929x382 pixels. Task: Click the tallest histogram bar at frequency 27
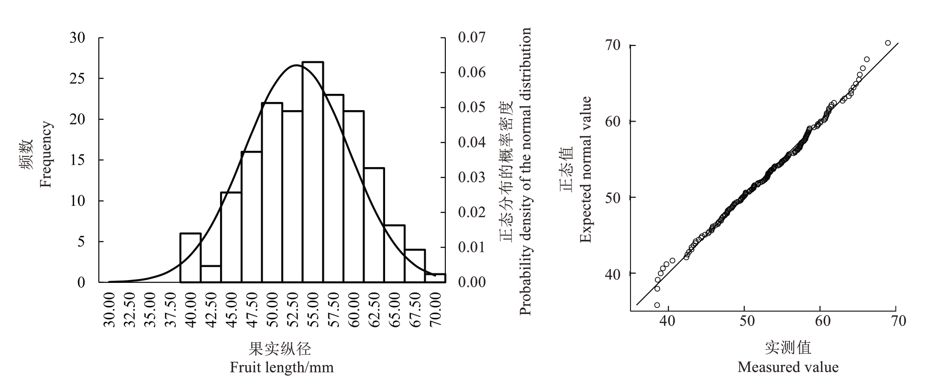tap(313, 172)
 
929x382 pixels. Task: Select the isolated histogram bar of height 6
tap(190, 258)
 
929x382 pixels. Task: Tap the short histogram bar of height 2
tap(211, 274)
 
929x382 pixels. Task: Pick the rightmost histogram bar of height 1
tap(435, 278)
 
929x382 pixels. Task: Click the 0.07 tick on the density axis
tap(472, 37)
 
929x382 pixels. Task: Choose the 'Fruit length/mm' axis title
tap(281, 368)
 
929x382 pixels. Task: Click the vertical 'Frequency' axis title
tap(46, 155)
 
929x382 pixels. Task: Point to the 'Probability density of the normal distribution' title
tap(525, 171)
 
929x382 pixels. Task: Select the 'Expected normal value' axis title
tap(586, 169)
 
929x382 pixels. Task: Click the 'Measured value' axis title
tap(788, 367)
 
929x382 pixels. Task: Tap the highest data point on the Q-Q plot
tap(888, 43)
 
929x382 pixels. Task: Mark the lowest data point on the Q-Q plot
tap(657, 305)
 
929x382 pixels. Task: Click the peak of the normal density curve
tap(297, 65)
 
